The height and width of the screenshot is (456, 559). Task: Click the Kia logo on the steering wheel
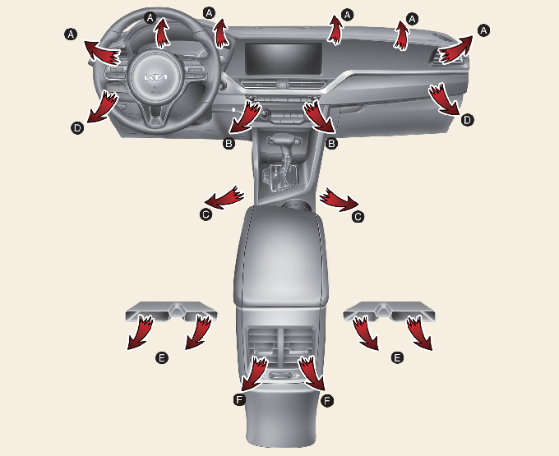tap(155, 77)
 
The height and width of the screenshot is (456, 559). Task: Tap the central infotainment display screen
tap(284, 59)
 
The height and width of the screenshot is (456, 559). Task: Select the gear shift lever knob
tap(284, 140)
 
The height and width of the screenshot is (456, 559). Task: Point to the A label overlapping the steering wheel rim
tap(150, 17)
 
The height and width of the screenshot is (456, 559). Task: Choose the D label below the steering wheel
tap(77, 127)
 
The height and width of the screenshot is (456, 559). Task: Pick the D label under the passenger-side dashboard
tap(467, 120)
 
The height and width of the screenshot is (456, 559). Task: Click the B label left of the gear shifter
tap(229, 144)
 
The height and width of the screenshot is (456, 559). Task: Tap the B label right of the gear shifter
tap(331, 144)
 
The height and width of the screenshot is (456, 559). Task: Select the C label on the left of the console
tap(206, 214)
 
